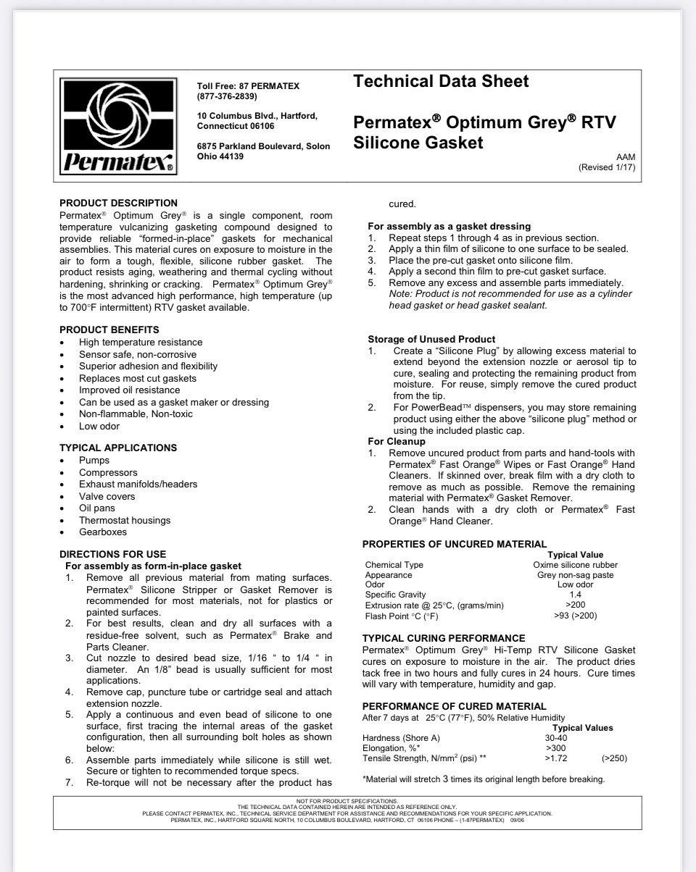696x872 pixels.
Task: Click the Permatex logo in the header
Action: tap(119, 125)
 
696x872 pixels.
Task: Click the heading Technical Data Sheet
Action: tap(441, 81)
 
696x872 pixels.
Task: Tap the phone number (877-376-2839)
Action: tap(227, 96)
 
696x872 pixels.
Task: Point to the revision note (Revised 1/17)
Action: tap(607, 167)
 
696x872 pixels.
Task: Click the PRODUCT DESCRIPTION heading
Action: tap(118, 203)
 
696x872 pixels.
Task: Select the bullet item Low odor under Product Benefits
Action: tap(99, 426)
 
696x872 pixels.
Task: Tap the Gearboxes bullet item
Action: tap(103, 532)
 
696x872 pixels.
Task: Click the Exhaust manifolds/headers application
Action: tap(138, 484)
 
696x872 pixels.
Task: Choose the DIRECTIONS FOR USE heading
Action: tap(112, 554)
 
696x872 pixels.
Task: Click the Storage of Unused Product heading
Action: tap(431, 339)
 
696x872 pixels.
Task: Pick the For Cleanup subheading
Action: tap(397, 441)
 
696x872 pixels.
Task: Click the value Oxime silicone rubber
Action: tap(576, 565)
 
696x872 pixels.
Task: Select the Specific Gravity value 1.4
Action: tap(576, 595)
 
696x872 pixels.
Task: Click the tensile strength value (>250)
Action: tap(614, 758)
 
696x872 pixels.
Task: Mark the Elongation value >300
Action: tap(556, 748)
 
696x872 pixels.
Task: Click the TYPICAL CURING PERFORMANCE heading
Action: tap(443, 638)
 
